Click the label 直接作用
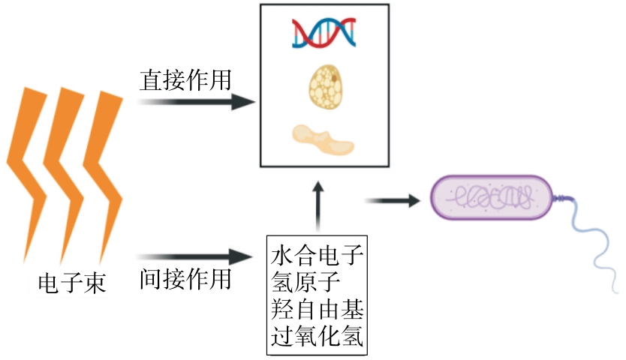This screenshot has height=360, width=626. coord(185,80)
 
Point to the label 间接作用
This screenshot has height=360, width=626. coord(185,280)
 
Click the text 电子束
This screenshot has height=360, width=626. coord(73,283)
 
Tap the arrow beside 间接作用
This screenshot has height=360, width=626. coord(198,257)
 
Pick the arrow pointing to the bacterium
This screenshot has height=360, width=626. coord(392,200)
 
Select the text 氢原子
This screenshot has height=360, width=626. coord(304,284)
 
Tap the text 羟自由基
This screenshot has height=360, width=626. coord(316,310)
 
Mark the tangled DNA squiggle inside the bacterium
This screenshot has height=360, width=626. coord(492,199)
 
